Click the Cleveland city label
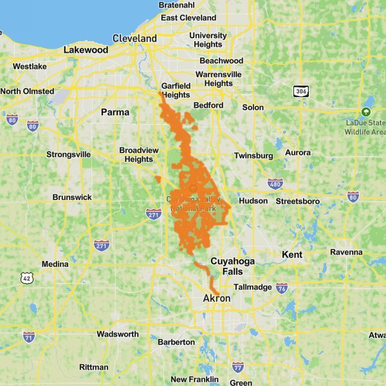(x=134, y=39)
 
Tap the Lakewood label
(x=86, y=50)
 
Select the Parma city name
(x=115, y=112)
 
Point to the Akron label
(x=216, y=299)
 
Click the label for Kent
(x=291, y=255)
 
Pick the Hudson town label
(x=253, y=201)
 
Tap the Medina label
(x=55, y=264)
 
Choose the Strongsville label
(x=68, y=154)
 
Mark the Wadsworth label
(x=117, y=334)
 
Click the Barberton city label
(x=176, y=342)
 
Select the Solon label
(x=253, y=107)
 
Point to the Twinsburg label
(x=253, y=156)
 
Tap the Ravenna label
(x=347, y=252)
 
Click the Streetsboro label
(x=297, y=201)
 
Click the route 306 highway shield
(x=300, y=91)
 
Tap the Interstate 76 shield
(x=282, y=288)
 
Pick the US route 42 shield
(x=26, y=277)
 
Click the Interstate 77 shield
(x=237, y=367)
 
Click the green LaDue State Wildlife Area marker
(x=366, y=111)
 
